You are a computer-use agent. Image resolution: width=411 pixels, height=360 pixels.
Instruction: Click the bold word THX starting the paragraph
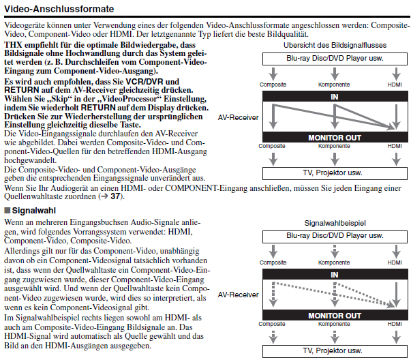(x=12, y=44)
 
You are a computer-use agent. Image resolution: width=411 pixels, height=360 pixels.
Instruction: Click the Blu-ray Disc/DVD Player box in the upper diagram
(x=334, y=58)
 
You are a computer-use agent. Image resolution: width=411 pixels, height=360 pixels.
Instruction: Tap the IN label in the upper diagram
(x=334, y=97)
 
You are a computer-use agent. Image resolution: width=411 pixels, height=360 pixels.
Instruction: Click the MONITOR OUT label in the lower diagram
(x=334, y=316)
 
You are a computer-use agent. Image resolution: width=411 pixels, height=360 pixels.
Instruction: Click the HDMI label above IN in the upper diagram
(x=394, y=85)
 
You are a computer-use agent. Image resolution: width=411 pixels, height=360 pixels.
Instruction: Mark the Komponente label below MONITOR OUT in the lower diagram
(x=334, y=323)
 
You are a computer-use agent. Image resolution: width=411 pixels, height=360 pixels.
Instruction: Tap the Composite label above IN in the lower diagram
(x=273, y=262)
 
